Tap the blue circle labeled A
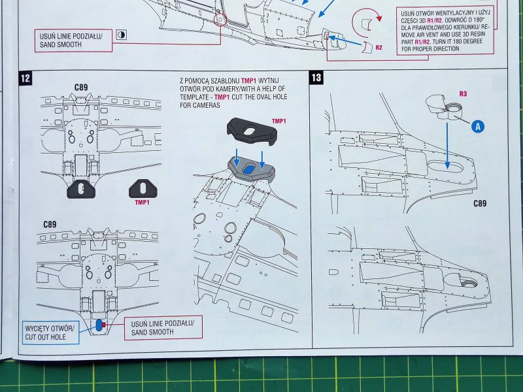pyautogui.click(x=478, y=127)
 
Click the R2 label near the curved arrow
pyautogui.click(x=379, y=48)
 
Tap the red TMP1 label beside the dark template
pyautogui.click(x=279, y=122)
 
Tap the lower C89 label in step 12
pyautogui.click(x=50, y=224)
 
